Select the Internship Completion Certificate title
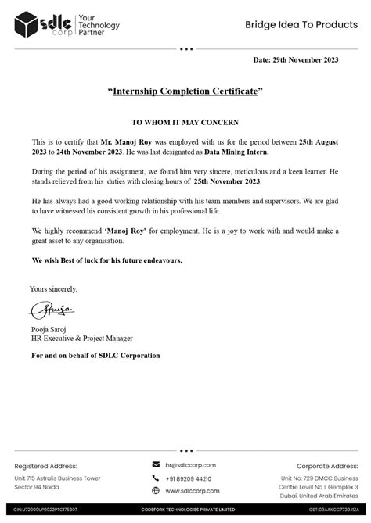coord(185,92)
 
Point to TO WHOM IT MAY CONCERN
coord(185,123)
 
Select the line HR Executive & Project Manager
coord(82,339)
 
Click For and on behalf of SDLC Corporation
coord(95,356)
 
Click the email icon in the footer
coord(156,465)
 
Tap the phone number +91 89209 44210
coord(189,478)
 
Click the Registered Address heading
coord(45,464)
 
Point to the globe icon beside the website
coord(156,490)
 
